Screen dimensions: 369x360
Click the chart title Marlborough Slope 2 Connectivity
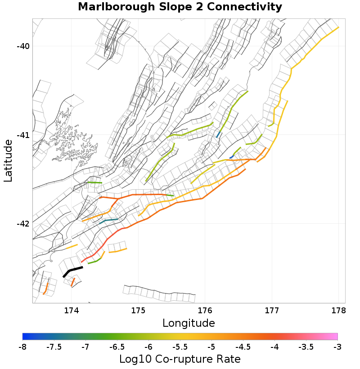pyautogui.click(x=180, y=7)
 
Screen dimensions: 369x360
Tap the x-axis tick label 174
pyautogui.click(x=72, y=311)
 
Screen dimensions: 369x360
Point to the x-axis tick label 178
pyautogui.click(x=338, y=311)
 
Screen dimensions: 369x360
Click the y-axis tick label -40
pyautogui.click(x=22, y=46)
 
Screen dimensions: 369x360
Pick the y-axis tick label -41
pyautogui.click(x=22, y=135)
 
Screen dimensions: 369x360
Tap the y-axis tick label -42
pyautogui.click(x=22, y=224)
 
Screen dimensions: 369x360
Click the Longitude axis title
pyautogui.click(x=189, y=323)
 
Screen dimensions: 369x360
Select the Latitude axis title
pyautogui.click(x=8, y=160)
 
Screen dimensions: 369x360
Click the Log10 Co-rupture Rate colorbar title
pyautogui.click(x=180, y=360)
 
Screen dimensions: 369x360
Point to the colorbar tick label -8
pyautogui.click(x=22, y=347)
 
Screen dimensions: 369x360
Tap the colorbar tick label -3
pyautogui.click(x=337, y=347)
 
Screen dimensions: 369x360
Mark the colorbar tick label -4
pyautogui.click(x=274, y=347)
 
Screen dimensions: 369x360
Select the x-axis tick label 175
pyautogui.click(x=138, y=311)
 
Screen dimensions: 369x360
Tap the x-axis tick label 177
pyautogui.click(x=272, y=311)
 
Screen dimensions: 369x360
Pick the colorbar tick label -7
pyautogui.click(x=85, y=347)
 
